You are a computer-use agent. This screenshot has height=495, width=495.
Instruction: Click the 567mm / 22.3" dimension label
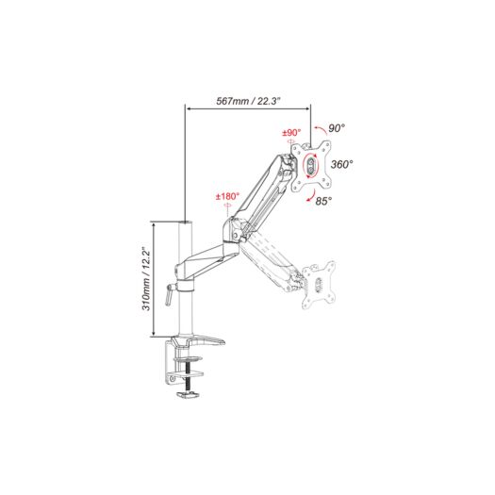click(x=248, y=101)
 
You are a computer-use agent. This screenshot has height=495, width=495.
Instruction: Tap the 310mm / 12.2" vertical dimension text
click(x=146, y=279)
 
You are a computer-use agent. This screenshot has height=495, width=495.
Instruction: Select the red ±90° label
click(x=291, y=132)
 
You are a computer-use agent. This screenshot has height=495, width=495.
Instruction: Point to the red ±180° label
click(x=227, y=197)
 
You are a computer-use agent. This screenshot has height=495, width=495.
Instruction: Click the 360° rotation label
click(x=341, y=164)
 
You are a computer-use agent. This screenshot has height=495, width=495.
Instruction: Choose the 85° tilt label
click(x=324, y=201)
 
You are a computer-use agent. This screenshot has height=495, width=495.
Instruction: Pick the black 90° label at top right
click(x=337, y=128)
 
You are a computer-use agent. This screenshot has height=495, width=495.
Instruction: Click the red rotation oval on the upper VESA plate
click(x=310, y=165)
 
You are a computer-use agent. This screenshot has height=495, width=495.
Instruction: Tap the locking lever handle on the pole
click(x=169, y=294)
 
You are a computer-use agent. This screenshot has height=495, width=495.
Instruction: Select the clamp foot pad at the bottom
click(x=188, y=395)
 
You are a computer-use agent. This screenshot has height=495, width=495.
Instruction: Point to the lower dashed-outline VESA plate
click(x=319, y=285)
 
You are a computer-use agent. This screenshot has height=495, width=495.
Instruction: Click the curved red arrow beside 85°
click(x=311, y=196)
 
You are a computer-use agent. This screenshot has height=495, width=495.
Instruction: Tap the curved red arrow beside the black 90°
click(x=321, y=129)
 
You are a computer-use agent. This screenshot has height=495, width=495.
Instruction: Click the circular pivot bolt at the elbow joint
click(x=235, y=236)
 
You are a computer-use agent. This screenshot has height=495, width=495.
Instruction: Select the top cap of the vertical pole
click(x=185, y=223)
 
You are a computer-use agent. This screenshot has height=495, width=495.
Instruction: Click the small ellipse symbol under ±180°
click(x=227, y=206)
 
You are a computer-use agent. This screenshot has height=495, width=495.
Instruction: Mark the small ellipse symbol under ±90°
click(x=291, y=141)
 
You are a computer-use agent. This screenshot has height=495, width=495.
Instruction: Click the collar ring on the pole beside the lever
click(x=185, y=286)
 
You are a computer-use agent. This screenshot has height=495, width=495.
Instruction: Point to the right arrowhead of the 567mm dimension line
click(x=307, y=109)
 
